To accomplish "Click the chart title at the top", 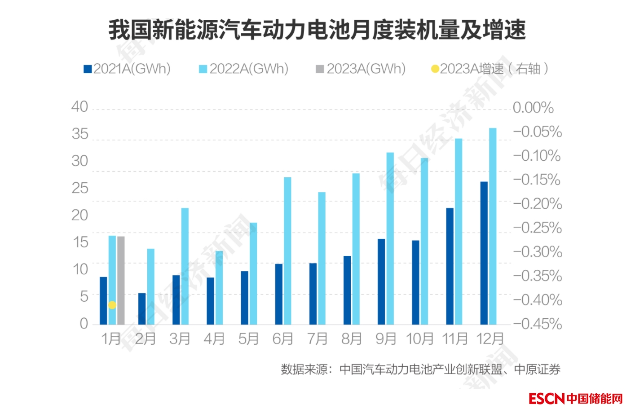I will (x=317, y=30).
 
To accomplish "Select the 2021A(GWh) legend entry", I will (x=128, y=69).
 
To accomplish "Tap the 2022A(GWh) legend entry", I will (x=244, y=69).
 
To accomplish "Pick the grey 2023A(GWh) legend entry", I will (x=361, y=69).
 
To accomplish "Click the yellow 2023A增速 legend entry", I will (x=489, y=69).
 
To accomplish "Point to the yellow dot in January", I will (x=112, y=305).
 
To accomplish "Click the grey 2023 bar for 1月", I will (x=121, y=280).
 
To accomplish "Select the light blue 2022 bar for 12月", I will (x=493, y=226).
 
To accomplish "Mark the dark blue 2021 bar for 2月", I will (x=142, y=308).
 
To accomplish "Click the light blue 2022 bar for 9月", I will (x=390, y=238).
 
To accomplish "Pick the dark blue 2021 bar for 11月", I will (x=450, y=266).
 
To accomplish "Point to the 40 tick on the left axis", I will (x=80, y=107).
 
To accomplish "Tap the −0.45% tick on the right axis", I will (x=538, y=324).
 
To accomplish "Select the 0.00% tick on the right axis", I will (x=533, y=108).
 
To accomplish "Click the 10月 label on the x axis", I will (x=420, y=338).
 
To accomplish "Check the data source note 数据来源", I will (x=420, y=369).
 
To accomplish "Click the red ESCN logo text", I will (x=546, y=398).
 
